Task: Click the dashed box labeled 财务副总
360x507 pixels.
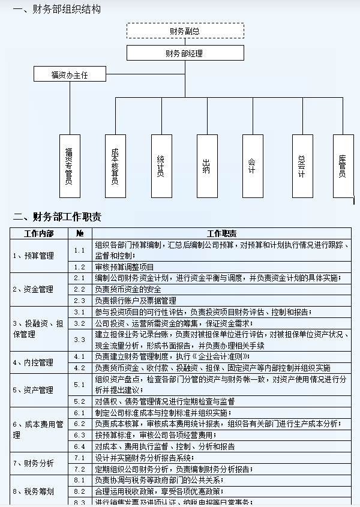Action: tap(185, 31)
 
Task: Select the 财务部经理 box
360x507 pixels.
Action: tap(185, 53)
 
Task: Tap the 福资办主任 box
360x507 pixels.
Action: tap(70, 75)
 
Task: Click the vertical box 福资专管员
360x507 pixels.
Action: tap(70, 166)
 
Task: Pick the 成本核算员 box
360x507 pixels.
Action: tap(115, 166)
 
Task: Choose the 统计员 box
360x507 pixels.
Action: tap(161, 166)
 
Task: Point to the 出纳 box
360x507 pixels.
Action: tap(207, 166)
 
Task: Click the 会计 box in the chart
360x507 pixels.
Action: tap(253, 166)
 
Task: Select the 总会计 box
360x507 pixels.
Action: tap(302, 166)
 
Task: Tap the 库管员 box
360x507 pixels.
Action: tap(343, 166)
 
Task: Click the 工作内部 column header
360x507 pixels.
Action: tap(39, 233)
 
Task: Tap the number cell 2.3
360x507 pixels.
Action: tap(80, 300)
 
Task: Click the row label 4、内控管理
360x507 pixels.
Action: tap(34, 362)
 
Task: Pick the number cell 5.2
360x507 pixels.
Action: tap(80, 401)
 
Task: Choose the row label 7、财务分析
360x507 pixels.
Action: tap(34, 463)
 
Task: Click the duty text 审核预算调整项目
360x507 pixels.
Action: tap(125, 267)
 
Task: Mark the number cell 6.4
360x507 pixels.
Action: tap(80, 446)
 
